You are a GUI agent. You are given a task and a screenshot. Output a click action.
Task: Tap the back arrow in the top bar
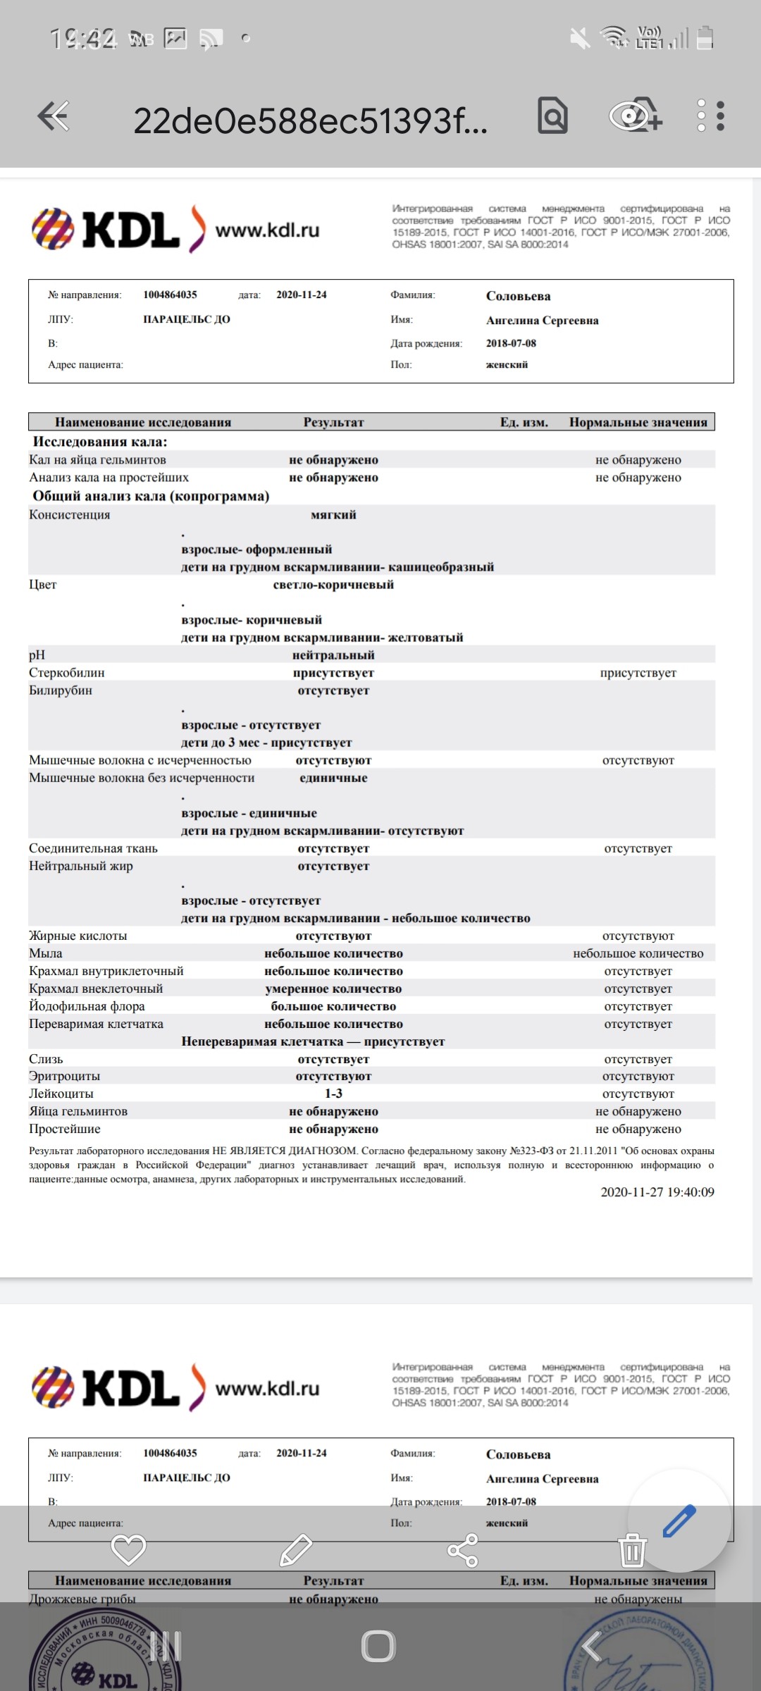54,116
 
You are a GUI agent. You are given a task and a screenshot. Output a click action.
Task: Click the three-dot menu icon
710,116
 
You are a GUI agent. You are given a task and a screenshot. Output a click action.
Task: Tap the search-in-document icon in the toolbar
552,116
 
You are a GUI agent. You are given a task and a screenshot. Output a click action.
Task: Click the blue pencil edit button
679,1520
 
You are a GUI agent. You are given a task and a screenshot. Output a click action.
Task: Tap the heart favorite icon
128,1550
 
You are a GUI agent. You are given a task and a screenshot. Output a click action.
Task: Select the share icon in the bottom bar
463,1550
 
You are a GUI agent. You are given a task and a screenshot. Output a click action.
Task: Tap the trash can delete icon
632,1550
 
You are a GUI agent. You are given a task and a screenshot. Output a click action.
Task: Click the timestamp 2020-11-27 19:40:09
657,1192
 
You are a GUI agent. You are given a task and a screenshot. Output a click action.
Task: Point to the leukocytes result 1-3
333,1094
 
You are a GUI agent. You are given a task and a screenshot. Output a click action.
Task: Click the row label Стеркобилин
67,673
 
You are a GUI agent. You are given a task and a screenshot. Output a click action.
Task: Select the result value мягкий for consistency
333,515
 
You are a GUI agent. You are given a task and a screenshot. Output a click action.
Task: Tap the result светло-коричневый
333,585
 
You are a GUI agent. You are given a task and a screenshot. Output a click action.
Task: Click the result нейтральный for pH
333,655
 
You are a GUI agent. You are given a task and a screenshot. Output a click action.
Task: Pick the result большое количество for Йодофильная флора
333,1006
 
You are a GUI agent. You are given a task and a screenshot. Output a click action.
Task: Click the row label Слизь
46,1059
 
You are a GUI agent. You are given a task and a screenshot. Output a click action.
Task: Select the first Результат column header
333,423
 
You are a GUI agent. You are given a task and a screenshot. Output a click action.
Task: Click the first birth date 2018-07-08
511,343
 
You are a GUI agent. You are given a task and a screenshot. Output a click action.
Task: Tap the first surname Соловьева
518,296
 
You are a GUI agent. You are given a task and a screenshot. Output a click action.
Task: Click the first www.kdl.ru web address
267,230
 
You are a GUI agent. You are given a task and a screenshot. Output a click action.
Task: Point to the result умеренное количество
333,989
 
